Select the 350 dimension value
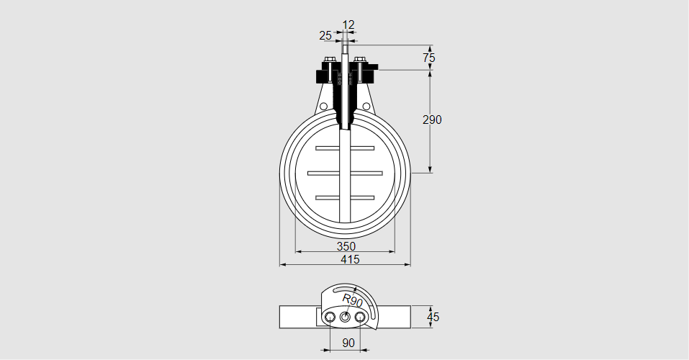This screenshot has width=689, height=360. (x=346, y=246)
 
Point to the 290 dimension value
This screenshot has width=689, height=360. (x=432, y=120)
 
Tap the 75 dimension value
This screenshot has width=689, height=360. (x=429, y=57)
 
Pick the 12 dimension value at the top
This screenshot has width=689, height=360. (x=348, y=25)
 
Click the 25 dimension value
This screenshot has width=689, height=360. (x=325, y=35)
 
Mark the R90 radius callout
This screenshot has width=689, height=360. (x=352, y=300)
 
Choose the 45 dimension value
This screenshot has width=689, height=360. (x=433, y=316)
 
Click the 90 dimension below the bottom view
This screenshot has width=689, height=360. (x=348, y=343)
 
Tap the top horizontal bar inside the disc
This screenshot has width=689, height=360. (x=345, y=148)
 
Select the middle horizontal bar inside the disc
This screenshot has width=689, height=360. (x=345, y=173)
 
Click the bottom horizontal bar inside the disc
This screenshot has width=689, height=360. (x=345, y=197)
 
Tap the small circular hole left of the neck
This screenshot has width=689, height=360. (x=323, y=107)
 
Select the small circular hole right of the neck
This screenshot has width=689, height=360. (x=366, y=107)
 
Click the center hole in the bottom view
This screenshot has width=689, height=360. (x=345, y=317)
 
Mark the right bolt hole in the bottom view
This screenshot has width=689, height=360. (x=360, y=317)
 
